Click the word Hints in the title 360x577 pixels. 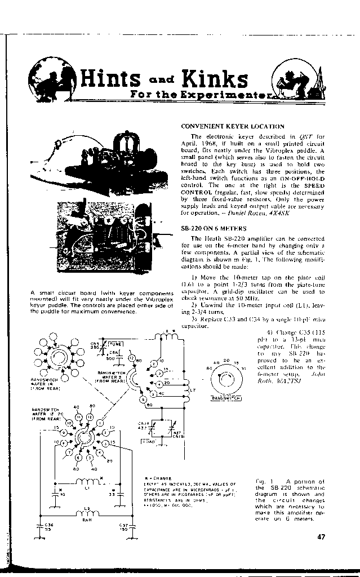pyautogui.click(x=109, y=79)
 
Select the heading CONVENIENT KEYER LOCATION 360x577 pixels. pyautogui.click(x=232, y=127)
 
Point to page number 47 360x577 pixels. pyautogui.click(x=321, y=537)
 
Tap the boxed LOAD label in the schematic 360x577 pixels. pyautogui.click(x=148, y=441)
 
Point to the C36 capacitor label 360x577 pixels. pyautogui.click(x=49, y=527)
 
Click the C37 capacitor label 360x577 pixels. pyautogui.click(x=121, y=527)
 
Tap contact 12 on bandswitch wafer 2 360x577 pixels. pyautogui.click(x=132, y=357)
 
